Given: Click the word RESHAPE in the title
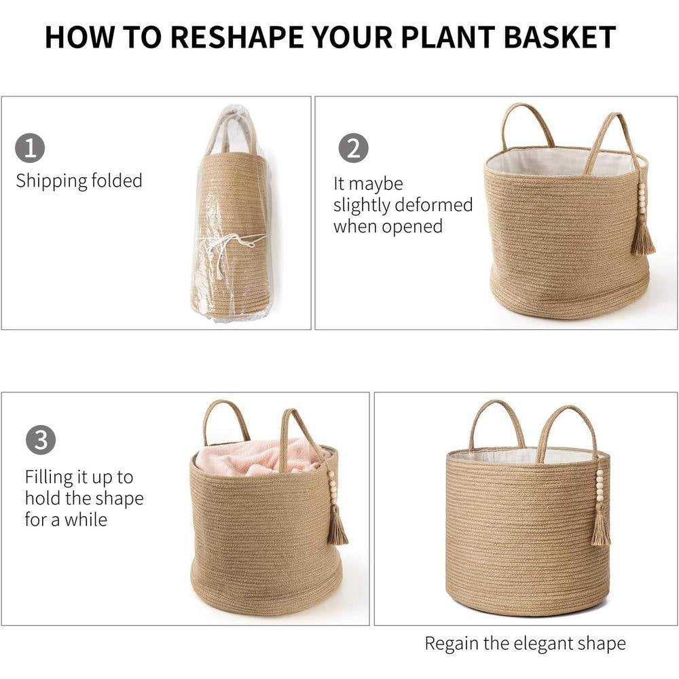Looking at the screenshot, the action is pyautogui.click(x=238, y=37).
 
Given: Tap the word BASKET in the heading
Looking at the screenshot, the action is pyautogui.click(x=559, y=37).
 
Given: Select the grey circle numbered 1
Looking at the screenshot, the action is pyautogui.click(x=30, y=148).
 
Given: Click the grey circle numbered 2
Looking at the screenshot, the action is pyautogui.click(x=353, y=148).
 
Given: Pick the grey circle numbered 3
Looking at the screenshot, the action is pyautogui.click(x=41, y=439).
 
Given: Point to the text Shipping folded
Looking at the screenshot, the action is pyautogui.click(x=79, y=181).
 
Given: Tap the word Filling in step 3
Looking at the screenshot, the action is pyautogui.click(x=49, y=477).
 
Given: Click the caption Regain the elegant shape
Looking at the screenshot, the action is pyautogui.click(x=526, y=644).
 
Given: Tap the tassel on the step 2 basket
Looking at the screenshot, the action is pyautogui.click(x=642, y=238).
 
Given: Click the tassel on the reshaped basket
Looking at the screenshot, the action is pyautogui.click(x=601, y=528).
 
